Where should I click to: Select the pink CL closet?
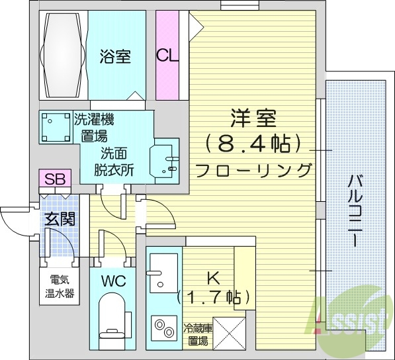point(167,56)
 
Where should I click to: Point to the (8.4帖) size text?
point(252,142)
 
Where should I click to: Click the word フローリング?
point(253,169)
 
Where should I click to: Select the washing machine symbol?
point(55,127)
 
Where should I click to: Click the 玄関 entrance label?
point(59,220)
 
